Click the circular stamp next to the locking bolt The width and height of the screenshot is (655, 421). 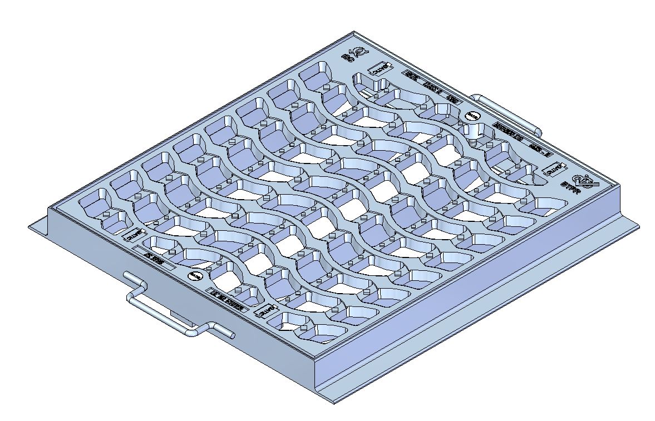(472, 116)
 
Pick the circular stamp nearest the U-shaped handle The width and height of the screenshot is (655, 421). (195, 275)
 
